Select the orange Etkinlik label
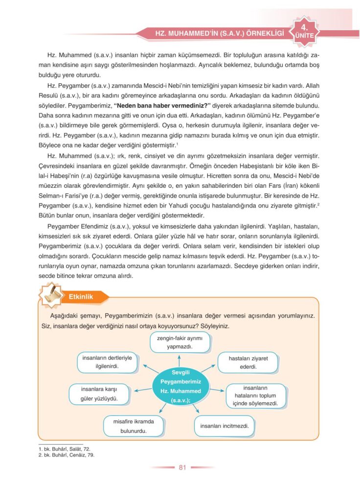(x=81, y=296)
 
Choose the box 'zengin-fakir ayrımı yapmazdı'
(x=180, y=342)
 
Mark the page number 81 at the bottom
(x=182, y=467)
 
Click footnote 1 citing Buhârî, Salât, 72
(x=64, y=448)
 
